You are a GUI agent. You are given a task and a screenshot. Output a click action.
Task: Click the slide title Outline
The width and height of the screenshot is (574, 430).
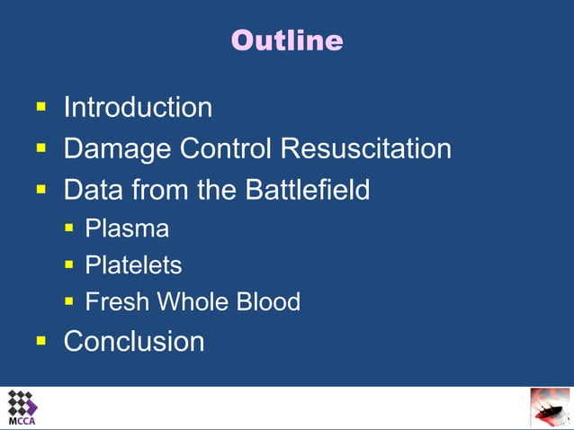click(x=287, y=40)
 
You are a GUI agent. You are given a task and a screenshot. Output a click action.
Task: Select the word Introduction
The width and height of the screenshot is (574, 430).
click(x=138, y=108)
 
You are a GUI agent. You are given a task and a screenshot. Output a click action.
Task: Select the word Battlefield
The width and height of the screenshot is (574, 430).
click(x=307, y=190)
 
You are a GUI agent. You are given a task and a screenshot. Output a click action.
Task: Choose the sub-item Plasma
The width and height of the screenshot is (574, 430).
click(x=127, y=228)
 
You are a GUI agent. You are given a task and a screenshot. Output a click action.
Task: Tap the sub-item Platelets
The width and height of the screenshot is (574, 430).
click(x=133, y=265)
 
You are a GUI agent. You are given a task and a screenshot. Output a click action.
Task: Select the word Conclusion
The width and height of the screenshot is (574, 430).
click(x=134, y=342)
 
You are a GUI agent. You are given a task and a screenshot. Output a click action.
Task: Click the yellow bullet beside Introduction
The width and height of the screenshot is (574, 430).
click(x=40, y=107)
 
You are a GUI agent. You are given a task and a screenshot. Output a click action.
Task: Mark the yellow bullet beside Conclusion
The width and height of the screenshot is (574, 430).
click(x=40, y=341)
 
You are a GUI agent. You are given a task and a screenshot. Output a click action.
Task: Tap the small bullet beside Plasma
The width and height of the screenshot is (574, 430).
click(x=69, y=228)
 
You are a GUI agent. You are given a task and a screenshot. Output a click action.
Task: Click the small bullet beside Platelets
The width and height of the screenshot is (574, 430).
click(x=69, y=265)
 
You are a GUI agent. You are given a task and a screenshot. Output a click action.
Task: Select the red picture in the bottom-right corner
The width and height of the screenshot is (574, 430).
click(x=549, y=408)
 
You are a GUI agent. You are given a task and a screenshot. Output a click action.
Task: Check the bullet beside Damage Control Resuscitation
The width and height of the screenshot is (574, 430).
click(x=40, y=148)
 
